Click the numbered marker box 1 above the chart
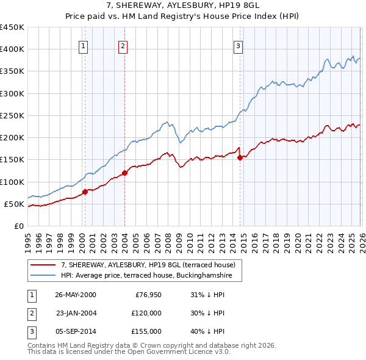click(83, 45)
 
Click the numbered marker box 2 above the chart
click(123, 45)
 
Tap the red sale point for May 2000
click(85, 192)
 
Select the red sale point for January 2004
click(124, 173)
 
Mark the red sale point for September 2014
click(240, 157)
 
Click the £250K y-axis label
click(12, 115)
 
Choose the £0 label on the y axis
click(18, 226)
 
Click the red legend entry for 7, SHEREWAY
click(152, 265)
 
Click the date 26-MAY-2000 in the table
click(76, 295)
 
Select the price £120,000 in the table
click(146, 313)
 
